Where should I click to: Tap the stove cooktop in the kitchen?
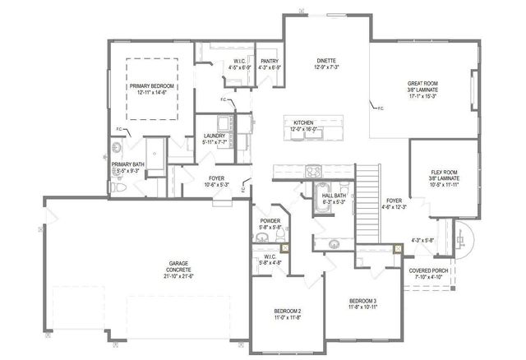(313, 171)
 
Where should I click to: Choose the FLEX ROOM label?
(443, 173)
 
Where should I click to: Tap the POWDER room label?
(269, 221)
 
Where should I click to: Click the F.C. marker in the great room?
(380, 108)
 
